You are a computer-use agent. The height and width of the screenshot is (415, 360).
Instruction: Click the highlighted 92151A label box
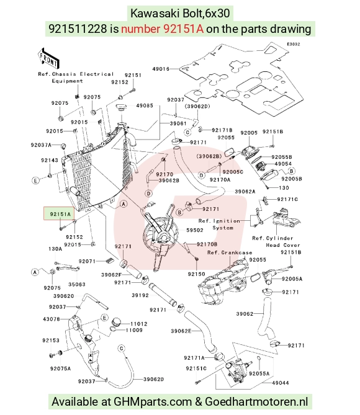click(x=59, y=213)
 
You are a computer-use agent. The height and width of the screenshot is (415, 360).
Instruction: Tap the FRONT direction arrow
click(x=48, y=58)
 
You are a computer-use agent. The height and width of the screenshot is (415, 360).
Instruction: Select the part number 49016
click(x=161, y=69)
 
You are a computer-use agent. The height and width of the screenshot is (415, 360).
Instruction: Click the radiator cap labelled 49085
click(x=122, y=109)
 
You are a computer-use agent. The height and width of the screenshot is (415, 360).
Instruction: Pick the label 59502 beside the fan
click(x=195, y=230)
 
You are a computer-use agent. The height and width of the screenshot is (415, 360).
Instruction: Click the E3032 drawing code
click(x=294, y=44)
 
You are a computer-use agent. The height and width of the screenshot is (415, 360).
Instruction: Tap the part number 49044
click(x=281, y=383)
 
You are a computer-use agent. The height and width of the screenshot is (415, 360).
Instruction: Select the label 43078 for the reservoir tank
click(x=52, y=319)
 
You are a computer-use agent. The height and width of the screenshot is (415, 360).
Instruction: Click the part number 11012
click(x=139, y=324)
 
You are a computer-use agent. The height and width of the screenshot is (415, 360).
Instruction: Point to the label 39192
click(x=140, y=295)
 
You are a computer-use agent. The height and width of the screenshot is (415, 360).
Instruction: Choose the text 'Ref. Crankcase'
click(x=230, y=252)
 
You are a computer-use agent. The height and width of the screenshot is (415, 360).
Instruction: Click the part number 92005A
click(x=292, y=279)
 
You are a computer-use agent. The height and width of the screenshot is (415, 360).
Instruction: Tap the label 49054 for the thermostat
click(x=283, y=164)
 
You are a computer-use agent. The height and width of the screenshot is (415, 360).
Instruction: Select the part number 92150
click(x=196, y=274)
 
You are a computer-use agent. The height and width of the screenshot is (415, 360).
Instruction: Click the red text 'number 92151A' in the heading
click(x=163, y=29)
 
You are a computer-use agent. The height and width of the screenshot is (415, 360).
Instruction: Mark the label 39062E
click(x=181, y=331)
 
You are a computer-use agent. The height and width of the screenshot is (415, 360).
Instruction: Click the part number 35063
click(x=77, y=284)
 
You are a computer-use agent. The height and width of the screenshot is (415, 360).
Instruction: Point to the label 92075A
click(x=60, y=368)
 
